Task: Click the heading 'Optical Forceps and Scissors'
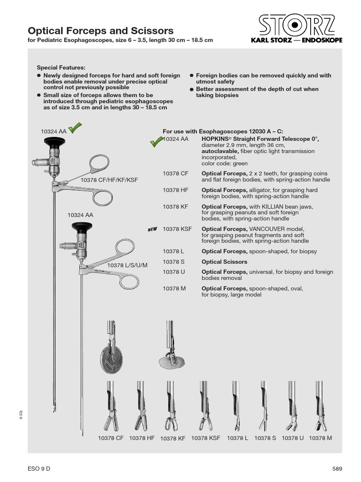(x=101, y=31)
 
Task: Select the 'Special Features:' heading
(x=61, y=68)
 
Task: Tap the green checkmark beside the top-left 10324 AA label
(x=75, y=128)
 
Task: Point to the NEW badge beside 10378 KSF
(x=152, y=229)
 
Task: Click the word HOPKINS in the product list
(x=217, y=139)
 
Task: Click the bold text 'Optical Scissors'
(x=224, y=262)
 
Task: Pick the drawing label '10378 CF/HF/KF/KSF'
(x=109, y=180)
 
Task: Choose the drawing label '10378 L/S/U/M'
(x=127, y=265)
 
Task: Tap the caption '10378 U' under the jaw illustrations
(x=292, y=438)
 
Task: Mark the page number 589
(x=337, y=468)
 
